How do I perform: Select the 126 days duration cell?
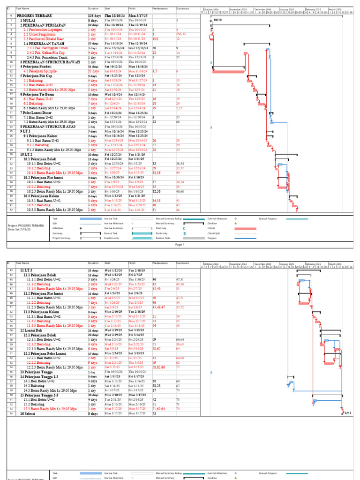coord(94,16)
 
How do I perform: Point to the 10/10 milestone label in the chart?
coord(217,20)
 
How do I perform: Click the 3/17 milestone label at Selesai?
coord(348,413)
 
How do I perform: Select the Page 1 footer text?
coord(180,244)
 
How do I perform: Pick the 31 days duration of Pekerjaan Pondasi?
coord(93,67)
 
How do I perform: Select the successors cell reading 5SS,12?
coord(181,34)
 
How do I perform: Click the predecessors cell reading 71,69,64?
coord(160,409)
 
